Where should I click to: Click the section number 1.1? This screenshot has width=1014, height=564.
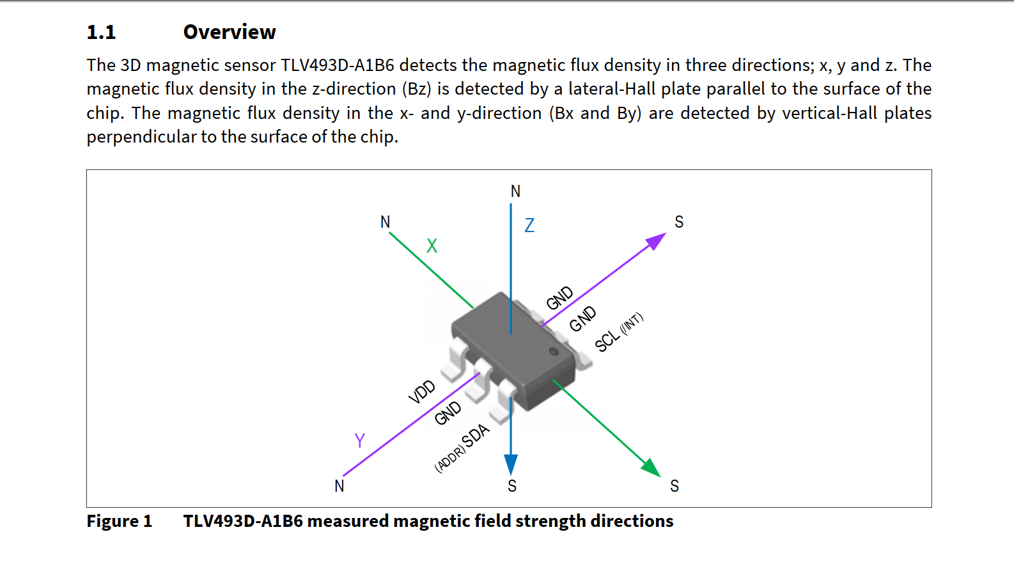pos(101,32)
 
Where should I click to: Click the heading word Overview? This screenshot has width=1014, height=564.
pos(230,32)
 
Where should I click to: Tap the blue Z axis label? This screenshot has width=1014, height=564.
pos(529,225)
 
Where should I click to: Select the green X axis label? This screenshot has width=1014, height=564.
pos(432,246)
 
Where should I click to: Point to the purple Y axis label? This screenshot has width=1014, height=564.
pos(360,441)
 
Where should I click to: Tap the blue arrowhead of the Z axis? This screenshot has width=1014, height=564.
pos(511,465)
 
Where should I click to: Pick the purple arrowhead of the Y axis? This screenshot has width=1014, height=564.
pos(656,241)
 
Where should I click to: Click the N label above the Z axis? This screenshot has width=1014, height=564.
pos(515,191)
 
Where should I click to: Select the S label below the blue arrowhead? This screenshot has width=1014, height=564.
pos(512,486)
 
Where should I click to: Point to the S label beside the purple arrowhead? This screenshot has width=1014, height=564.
pos(679,222)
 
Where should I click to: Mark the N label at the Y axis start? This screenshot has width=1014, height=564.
pos(339,486)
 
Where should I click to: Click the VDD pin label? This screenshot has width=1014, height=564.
pos(422,392)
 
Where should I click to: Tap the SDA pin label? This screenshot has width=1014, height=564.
pos(475,435)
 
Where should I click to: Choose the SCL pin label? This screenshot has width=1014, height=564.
pos(607,340)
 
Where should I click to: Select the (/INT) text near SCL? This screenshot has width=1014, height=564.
pos(632,324)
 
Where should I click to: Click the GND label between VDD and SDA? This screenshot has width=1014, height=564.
pos(448,413)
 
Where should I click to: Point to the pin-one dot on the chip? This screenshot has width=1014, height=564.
pos(554,352)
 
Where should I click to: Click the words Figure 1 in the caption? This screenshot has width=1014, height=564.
pos(120,521)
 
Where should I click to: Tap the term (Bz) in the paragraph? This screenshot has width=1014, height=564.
pos(416,89)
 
